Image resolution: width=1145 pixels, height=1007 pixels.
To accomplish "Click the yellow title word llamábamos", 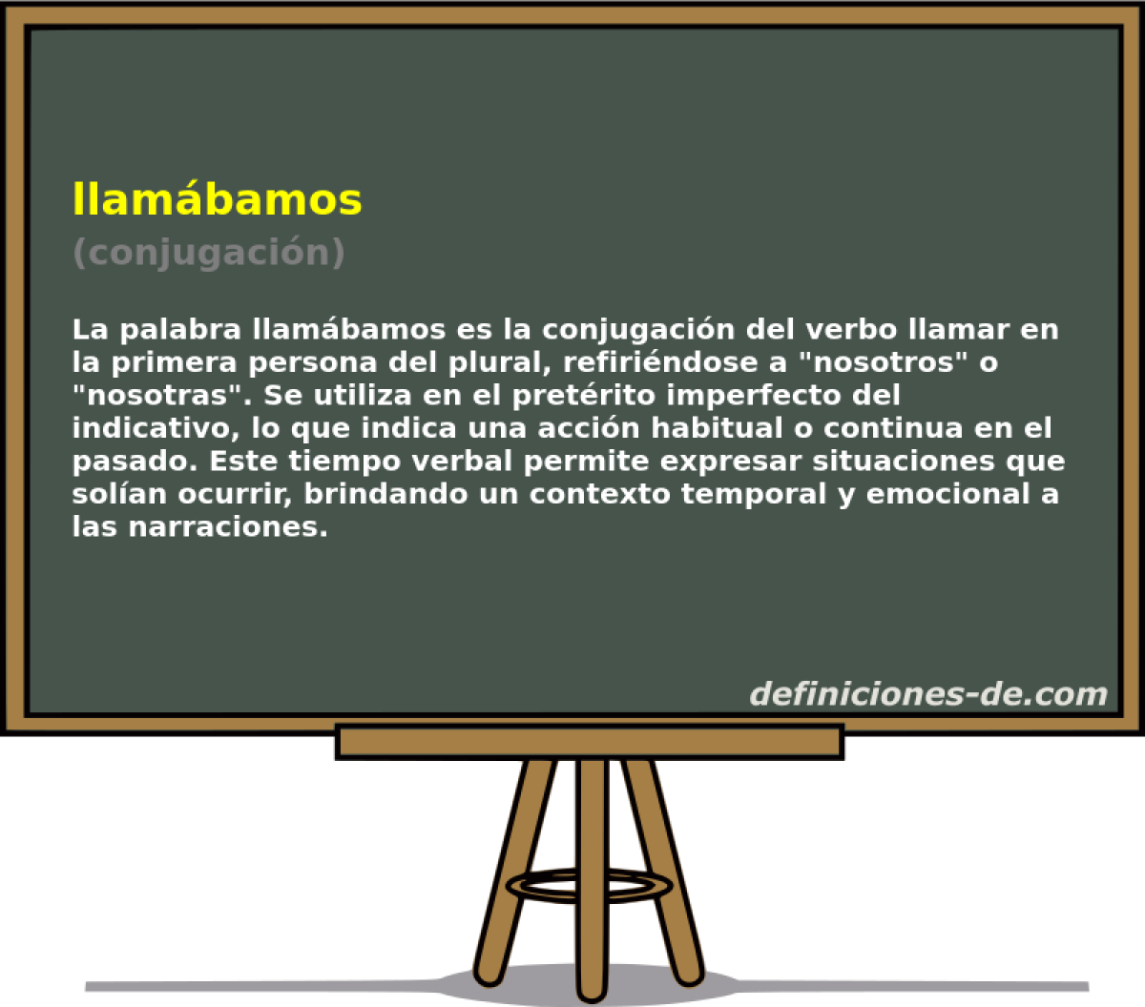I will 217,198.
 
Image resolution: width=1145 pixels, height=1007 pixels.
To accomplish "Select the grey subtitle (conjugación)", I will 208,252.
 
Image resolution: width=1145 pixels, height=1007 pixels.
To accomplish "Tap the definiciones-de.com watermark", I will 927,693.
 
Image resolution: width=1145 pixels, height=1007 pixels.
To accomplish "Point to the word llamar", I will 941,330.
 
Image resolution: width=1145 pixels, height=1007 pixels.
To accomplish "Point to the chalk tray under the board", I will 589,742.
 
